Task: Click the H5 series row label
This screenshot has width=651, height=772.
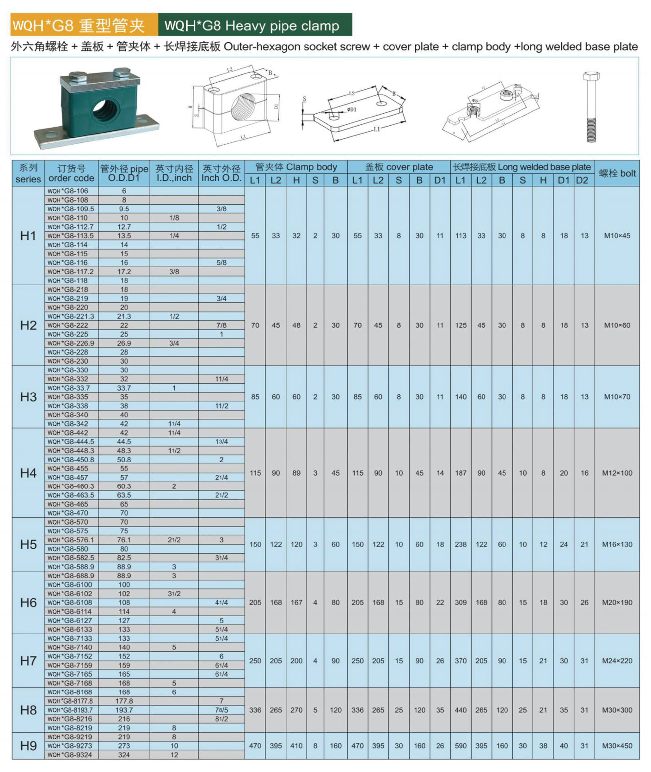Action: click(28, 545)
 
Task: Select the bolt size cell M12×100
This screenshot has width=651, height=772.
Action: click(617, 473)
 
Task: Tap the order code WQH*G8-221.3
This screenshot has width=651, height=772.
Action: click(71, 316)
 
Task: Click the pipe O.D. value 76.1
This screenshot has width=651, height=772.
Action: click(124, 540)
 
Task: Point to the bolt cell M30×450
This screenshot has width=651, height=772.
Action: click(617, 746)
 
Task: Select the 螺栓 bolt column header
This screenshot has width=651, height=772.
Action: click(617, 173)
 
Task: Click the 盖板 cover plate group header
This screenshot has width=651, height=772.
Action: click(399, 167)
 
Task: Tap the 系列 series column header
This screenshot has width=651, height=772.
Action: click(28, 173)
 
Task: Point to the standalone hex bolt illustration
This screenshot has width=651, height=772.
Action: click(591, 106)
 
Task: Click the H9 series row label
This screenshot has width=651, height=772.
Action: click(28, 746)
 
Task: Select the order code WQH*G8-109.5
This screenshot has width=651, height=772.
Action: click(71, 209)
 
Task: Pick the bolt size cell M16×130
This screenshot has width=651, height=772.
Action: click(617, 545)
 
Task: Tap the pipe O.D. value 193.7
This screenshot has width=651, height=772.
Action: click(124, 710)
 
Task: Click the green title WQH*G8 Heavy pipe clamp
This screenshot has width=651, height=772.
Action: click(255, 25)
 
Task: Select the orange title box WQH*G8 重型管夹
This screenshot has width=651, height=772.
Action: click(84, 25)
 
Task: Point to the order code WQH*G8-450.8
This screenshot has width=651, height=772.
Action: click(71, 460)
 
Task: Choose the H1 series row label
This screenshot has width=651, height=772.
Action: click(28, 236)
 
